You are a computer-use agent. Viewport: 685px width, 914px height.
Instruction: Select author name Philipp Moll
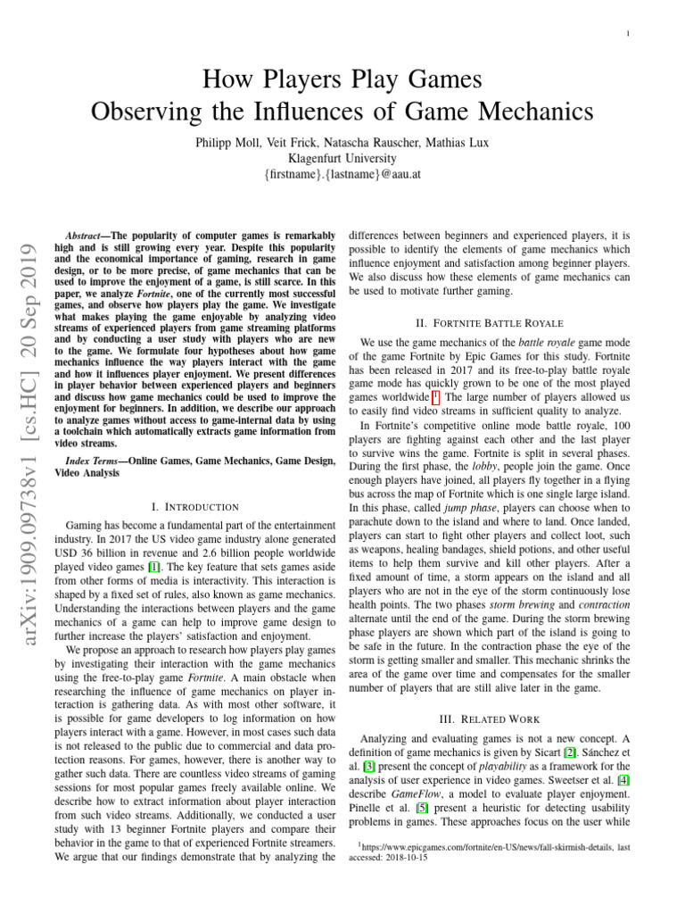[x=230, y=142]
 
